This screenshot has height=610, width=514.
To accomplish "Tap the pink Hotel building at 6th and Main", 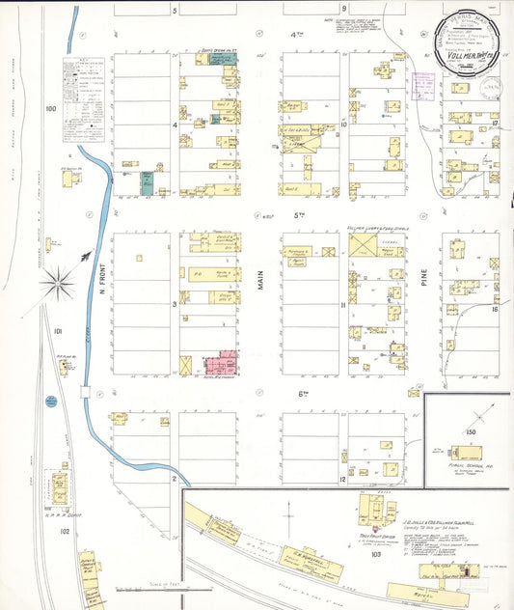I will click(221, 365).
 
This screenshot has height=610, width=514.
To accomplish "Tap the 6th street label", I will click(301, 393).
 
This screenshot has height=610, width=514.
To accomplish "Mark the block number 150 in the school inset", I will click(471, 430).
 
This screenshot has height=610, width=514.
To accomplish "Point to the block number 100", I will click(50, 109).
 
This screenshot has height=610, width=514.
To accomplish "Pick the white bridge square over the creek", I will click(88, 392).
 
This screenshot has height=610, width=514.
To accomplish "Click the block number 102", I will click(65, 531).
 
